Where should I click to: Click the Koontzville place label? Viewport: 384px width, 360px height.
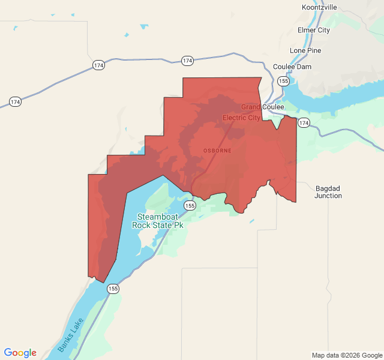click(319, 7)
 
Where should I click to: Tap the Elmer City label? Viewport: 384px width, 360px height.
click(313, 30)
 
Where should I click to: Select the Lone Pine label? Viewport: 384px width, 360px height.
click(306, 50)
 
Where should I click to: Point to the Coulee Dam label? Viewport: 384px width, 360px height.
click(292, 67)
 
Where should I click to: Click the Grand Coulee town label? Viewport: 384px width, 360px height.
click(263, 107)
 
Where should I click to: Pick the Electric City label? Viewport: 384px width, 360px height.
click(242, 118)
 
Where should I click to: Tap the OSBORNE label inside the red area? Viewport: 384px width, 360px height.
click(217, 150)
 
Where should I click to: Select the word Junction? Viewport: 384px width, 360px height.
click(328, 196)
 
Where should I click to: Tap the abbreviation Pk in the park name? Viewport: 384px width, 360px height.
click(178, 226)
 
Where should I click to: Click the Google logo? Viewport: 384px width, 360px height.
click(20, 353)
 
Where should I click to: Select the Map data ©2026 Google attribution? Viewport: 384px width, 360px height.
click(346, 355)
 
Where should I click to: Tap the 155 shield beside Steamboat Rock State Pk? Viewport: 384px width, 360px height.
click(190, 205)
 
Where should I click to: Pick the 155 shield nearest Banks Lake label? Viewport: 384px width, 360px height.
click(113, 289)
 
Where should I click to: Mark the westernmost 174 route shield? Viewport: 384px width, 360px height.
click(15, 102)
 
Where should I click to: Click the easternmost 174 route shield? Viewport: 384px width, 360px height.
click(304, 123)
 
